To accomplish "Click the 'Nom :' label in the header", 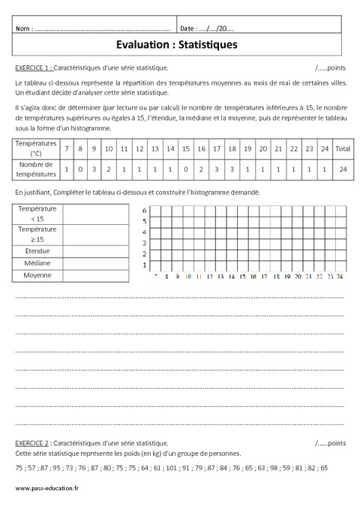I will [x=24, y=28].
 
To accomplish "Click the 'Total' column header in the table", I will [x=343, y=149].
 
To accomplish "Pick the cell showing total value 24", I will [x=343, y=169].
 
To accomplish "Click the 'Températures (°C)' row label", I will [x=36, y=149].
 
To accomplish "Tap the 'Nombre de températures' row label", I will [x=36, y=169].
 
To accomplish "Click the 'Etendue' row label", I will [x=42, y=250].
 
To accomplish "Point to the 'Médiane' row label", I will [x=42, y=263].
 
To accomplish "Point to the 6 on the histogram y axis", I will [x=145, y=211].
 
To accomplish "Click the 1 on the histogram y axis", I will [x=145, y=266].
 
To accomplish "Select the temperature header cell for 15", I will [x=185, y=149].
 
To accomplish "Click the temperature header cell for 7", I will [x=67, y=149].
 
